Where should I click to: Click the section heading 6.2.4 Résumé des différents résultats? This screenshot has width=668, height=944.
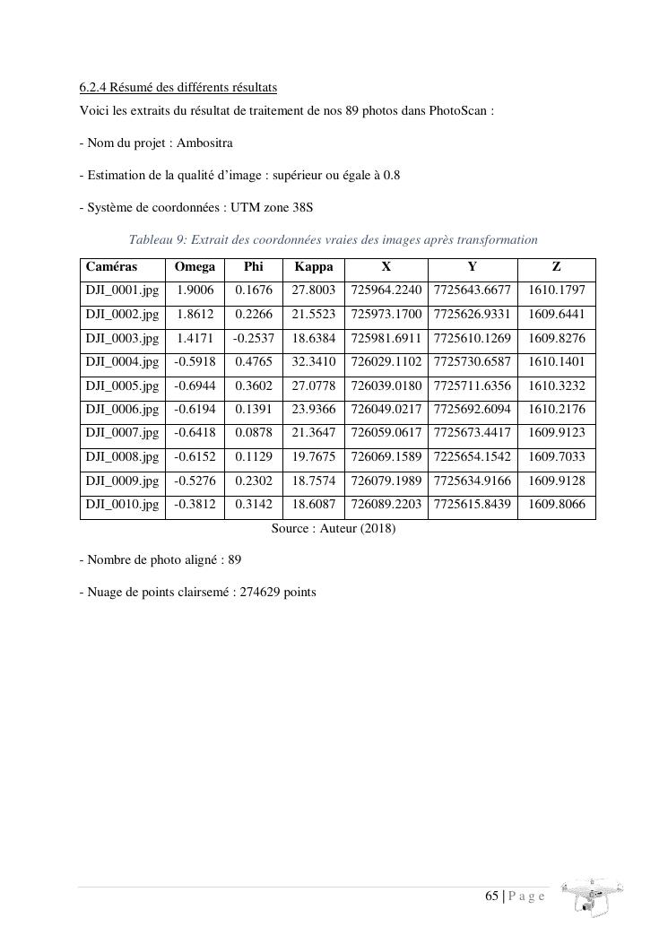click(178, 88)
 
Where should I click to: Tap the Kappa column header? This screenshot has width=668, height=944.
click(313, 267)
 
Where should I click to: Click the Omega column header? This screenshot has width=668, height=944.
click(195, 267)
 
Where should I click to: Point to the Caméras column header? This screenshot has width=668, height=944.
click(111, 267)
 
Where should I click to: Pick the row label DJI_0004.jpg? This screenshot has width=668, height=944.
click(122, 362)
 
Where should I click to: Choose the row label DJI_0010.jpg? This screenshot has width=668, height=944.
click(122, 505)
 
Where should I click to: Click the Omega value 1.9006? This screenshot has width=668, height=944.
click(195, 291)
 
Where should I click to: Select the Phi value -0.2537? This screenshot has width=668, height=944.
click(254, 339)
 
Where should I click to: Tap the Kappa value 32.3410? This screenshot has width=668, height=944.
click(314, 362)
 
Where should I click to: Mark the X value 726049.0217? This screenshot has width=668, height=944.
click(386, 410)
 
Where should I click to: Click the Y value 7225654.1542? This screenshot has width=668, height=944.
click(473, 457)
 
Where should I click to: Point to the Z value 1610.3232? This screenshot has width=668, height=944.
click(556, 386)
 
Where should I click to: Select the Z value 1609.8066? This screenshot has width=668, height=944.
click(556, 505)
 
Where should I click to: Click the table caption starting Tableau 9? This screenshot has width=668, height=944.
click(333, 240)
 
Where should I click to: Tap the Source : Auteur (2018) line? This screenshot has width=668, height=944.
click(333, 529)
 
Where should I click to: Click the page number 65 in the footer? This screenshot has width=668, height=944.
click(491, 896)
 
